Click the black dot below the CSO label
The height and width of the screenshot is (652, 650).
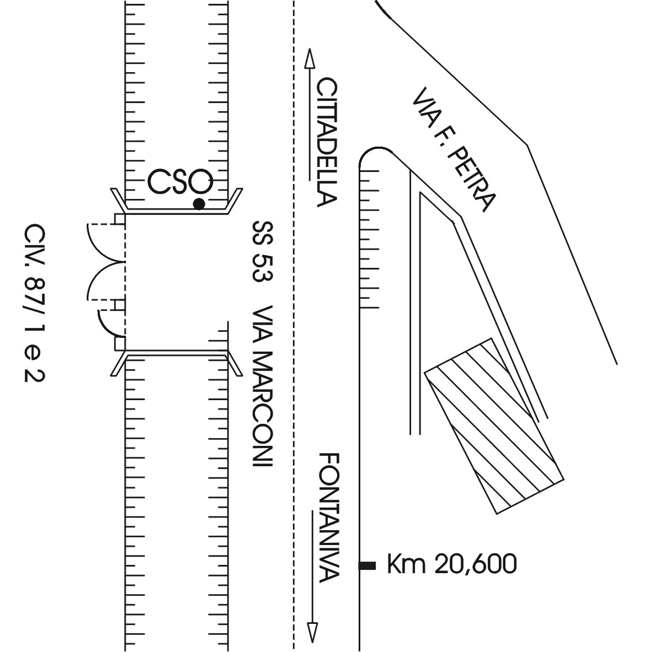tap(199, 204)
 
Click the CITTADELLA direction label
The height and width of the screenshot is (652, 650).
tap(327, 142)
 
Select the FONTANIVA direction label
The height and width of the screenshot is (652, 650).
tap(330, 518)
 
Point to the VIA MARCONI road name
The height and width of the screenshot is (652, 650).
tap(262, 387)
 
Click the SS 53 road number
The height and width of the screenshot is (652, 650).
tap(262, 251)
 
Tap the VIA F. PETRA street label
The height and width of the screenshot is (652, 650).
tap(454, 150)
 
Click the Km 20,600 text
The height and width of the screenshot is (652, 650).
tap(452, 564)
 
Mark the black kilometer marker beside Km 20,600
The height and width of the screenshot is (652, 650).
tap(367, 565)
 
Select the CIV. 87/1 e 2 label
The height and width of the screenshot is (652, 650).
tap(35, 303)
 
